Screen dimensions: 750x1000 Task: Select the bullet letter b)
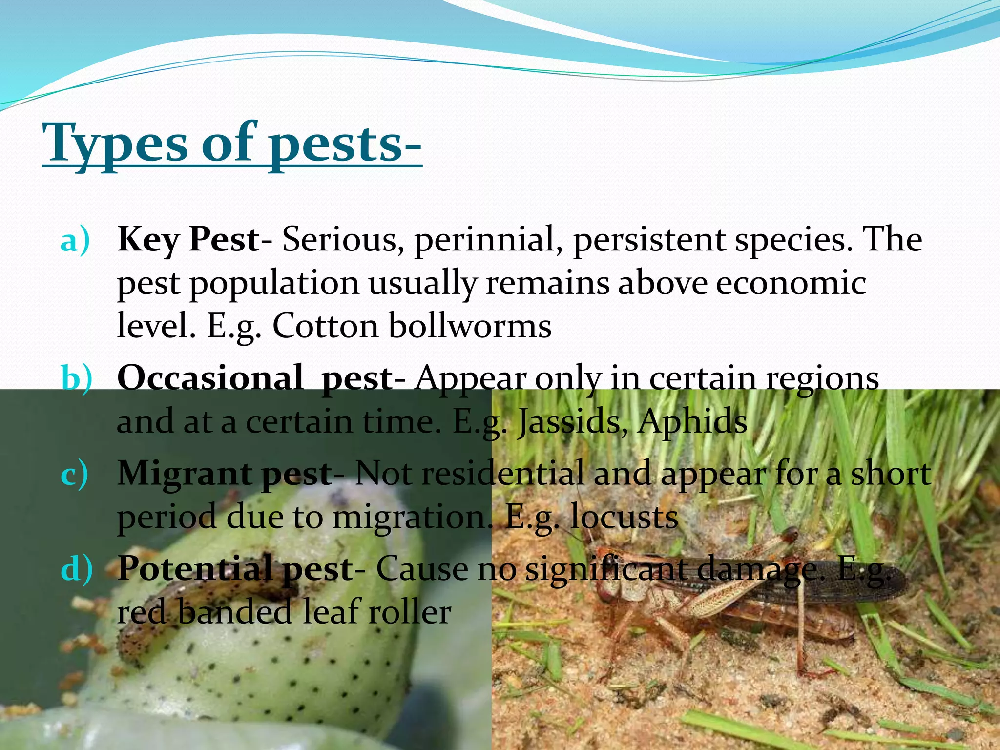[76, 379]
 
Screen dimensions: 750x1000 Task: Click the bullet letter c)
[75, 474]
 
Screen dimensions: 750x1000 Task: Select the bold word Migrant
[184, 474]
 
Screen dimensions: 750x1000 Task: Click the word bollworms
[470, 326]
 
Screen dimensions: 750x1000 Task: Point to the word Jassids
[571, 421]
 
